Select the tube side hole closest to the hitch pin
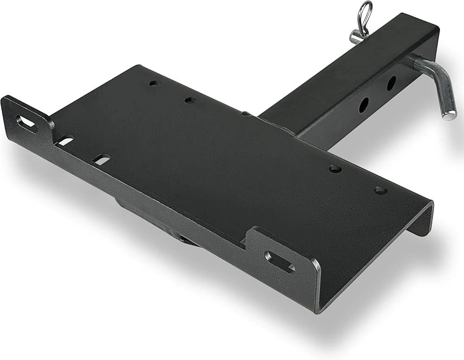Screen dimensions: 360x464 click(x=391, y=83)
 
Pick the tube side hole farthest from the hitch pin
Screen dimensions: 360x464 click(x=364, y=105)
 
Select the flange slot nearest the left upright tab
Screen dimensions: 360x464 click(x=65, y=140)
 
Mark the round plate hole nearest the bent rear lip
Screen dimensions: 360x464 click(x=380, y=190)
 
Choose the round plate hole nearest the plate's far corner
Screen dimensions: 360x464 click(x=155, y=84)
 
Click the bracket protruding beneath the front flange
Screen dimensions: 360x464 click(x=153, y=223)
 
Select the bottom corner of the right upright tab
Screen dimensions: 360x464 click(x=318, y=310)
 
